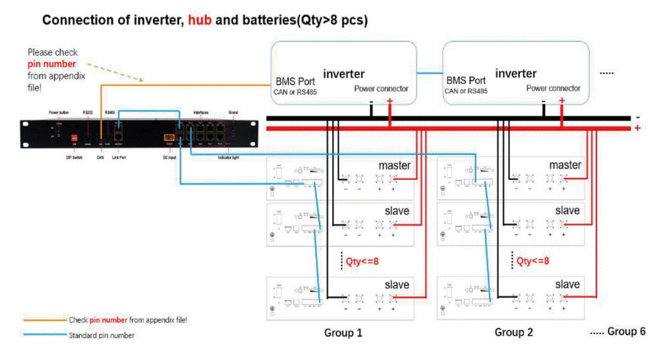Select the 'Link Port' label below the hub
coord(119,157)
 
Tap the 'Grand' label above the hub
coord(233,113)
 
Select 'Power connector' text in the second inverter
coord(554,88)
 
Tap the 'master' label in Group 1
coord(394,165)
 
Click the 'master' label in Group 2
coord(565,165)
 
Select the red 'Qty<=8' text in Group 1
coord(362,260)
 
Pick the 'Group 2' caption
coord(513,332)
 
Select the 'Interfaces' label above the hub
coord(202,113)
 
